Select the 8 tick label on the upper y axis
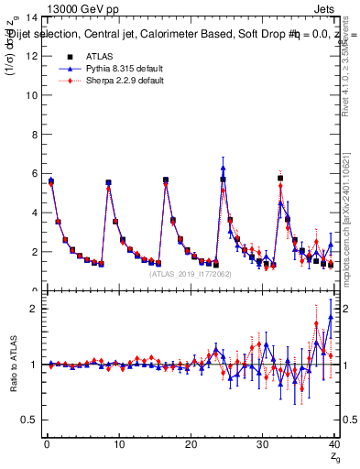pyautogui.click(x=34, y=135)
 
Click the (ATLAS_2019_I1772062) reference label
pyautogui.click(x=190, y=273)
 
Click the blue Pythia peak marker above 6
pyautogui.click(x=223, y=168)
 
